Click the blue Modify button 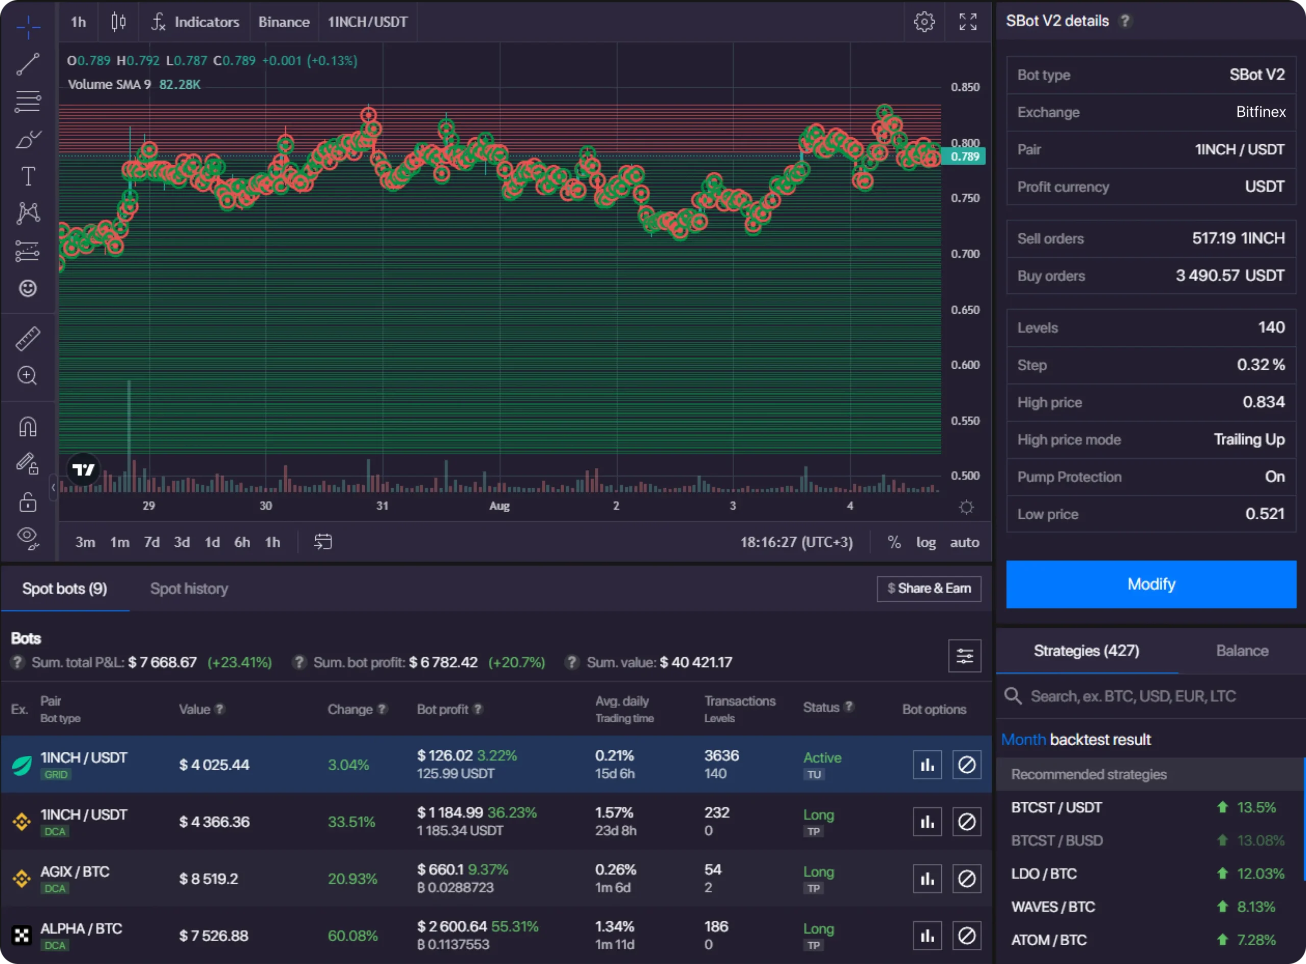click(1150, 584)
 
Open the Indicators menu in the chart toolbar click(195, 22)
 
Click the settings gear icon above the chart click(924, 22)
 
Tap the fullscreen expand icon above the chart click(968, 22)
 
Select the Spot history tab click(189, 588)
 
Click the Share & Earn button click(928, 588)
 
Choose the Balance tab click(1241, 651)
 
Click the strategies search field click(1132, 696)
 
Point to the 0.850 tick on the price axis click(965, 87)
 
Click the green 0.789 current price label click(964, 157)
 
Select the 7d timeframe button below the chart click(152, 542)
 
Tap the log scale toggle click(925, 542)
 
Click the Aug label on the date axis click(499, 506)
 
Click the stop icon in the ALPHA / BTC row click(966, 936)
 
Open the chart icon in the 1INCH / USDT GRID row click(926, 765)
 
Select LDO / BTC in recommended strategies click(1043, 874)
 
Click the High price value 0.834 click(1263, 402)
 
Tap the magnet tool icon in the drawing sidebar click(28, 426)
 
